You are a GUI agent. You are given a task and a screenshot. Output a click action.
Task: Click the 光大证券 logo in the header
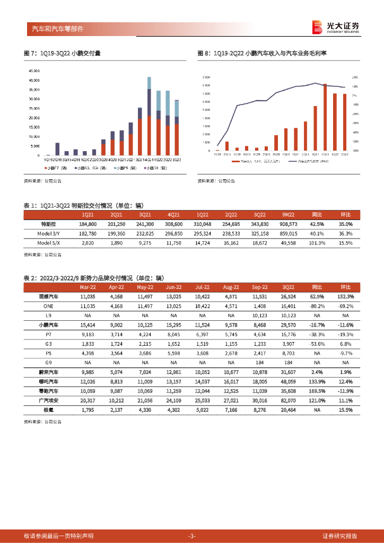(335, 27)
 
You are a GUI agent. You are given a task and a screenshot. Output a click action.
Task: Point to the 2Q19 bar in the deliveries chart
(57, 148)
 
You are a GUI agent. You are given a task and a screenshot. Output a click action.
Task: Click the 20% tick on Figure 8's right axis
(355, 77)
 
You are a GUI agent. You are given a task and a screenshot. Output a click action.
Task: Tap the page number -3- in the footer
(192, 536)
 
